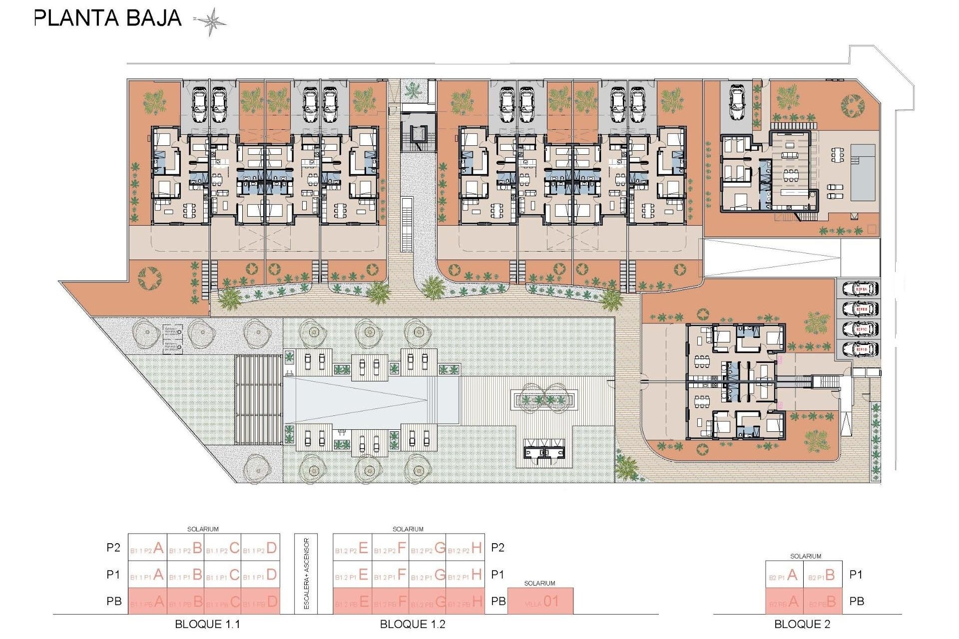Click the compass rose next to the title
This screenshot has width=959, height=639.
click(210, 21)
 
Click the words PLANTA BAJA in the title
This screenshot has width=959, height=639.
click(108, 18)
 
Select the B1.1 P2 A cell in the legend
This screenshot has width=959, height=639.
click(147, 548)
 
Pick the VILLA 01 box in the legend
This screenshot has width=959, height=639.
click(540, 602)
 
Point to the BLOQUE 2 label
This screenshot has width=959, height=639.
click(802, 624)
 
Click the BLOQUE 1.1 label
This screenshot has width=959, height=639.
click(207, 624)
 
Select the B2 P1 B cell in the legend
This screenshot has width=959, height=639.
click(823, 575)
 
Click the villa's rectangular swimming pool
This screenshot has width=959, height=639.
click(863, 173)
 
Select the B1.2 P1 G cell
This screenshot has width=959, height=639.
click(428, 575)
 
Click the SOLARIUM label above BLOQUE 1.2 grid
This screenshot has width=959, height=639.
click(408, 529)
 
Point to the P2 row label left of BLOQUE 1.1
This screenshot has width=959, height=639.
click(113, 548)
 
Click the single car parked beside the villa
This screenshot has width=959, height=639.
click(737, 103)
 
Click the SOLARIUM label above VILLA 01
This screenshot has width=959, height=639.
click(539, 583)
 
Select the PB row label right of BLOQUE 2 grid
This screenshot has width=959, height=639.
click(856, 602)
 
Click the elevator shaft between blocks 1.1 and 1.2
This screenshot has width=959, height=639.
click(417, 134)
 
